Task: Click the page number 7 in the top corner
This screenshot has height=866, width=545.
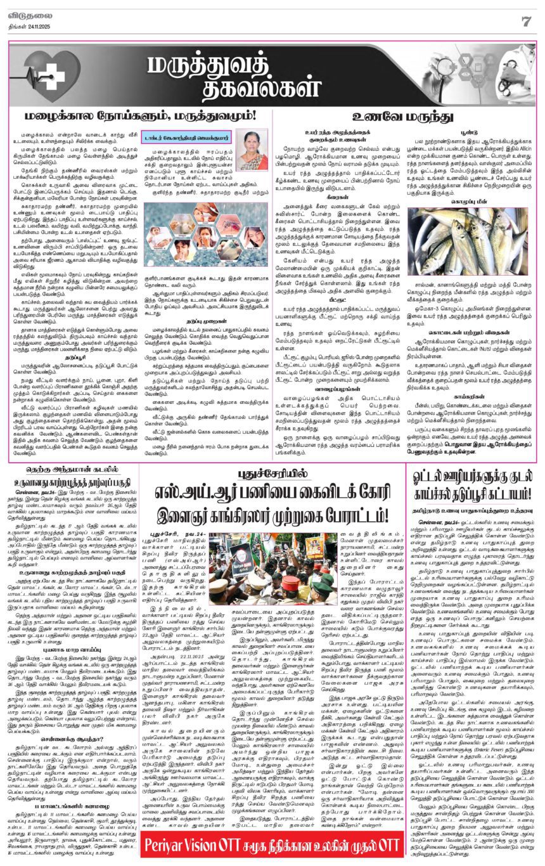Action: tap(525, 20)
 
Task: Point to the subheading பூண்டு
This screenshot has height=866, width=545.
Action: tap(470, 127)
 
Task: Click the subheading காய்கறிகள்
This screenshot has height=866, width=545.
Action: tap(470, 411)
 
